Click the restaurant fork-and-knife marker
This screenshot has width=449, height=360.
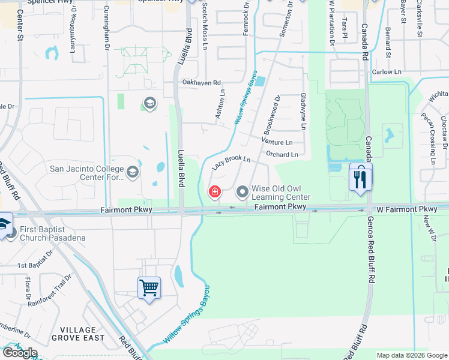tap(360, 178)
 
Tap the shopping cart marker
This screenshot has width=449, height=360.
tap(149, 287)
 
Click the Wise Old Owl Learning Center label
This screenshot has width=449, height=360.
tap(280, 193)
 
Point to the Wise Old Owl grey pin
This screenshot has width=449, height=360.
tap(243, 192)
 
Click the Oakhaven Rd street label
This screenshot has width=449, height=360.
tap(202, 83)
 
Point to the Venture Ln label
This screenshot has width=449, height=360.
tap(277, 142)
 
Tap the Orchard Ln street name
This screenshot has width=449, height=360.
tap(282, 155)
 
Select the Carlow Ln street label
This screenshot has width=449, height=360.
tap(386, 72)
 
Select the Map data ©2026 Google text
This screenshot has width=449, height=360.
tap(411, 355)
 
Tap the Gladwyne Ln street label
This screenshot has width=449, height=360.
tap(304, 112)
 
